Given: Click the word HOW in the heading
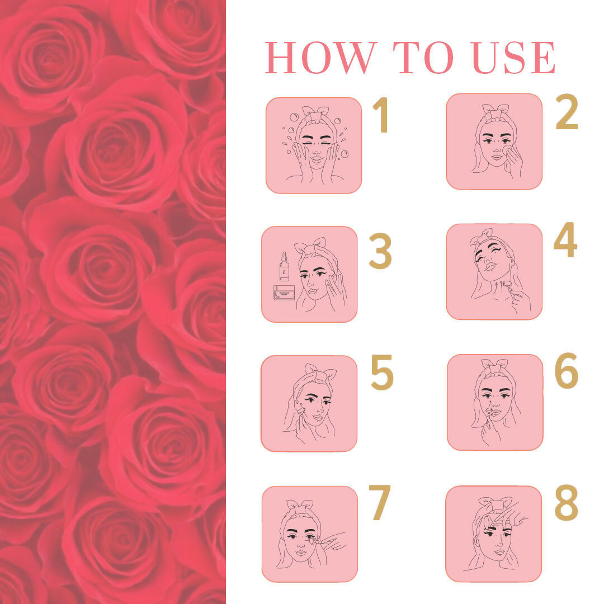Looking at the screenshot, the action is (x=320, y=58).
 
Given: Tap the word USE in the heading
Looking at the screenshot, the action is (x=514, y=58).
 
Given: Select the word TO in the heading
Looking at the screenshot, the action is (x=423, y=58).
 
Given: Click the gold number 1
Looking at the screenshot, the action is (x=381, y=115).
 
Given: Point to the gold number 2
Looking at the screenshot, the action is (x=567, y=112).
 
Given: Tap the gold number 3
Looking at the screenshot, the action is (x=380, y=251).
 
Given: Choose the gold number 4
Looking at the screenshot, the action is (x=565, y=239).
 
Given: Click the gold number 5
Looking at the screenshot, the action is (x=382, y=372).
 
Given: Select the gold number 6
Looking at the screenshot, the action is (x=567, y=370).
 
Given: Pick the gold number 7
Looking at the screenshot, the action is (x=380, y=502).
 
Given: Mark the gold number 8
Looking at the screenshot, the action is (x=566, y=502).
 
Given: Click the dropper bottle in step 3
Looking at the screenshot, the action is (x=284, y=266).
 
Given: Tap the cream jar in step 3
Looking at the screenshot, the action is (x=284, y=292).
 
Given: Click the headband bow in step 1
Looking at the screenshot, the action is (x=315, y=111).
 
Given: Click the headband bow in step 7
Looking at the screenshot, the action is (x=300, y=506).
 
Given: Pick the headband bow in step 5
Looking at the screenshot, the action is (x=320, y=371).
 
